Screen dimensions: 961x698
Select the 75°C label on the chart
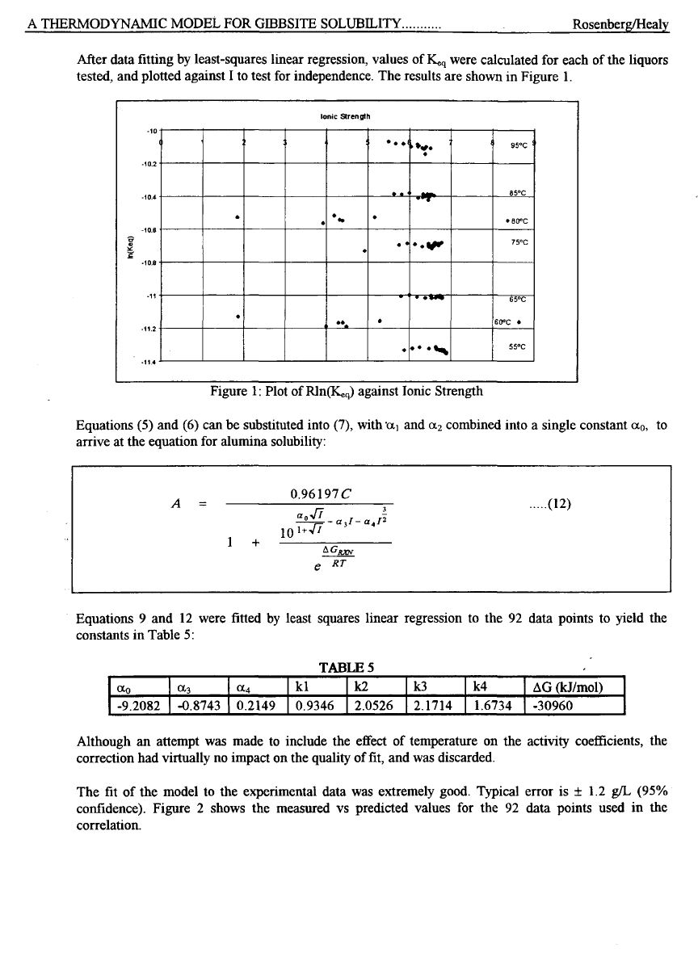(519, 241)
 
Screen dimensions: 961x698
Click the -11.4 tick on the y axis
(148, 362)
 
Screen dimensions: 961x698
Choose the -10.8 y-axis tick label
(148, 262)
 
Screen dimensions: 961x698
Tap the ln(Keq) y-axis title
(129, 245)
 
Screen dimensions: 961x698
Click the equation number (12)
(557, 506)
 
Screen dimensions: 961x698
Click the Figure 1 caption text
(347, 392)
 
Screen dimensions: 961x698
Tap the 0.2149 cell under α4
(257, 706)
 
